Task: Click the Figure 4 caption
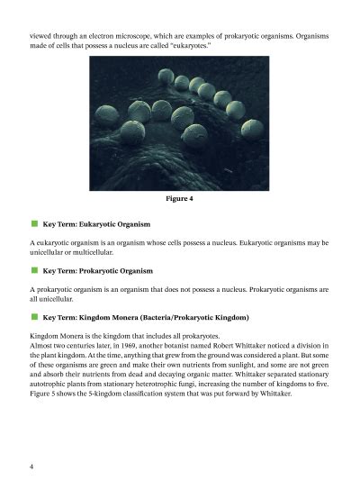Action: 180,198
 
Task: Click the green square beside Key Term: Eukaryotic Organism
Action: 33,222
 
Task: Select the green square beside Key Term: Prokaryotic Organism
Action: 33,269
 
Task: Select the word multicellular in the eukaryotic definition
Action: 90,253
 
